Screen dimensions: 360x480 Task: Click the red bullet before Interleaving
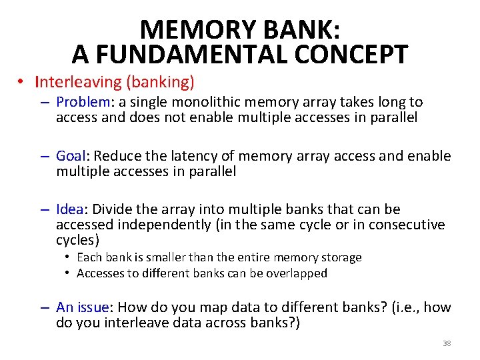22,83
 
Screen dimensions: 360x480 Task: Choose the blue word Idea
70,210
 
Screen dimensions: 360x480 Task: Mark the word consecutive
409,225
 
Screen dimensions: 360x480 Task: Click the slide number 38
447,343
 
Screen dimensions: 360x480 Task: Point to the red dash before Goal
45,157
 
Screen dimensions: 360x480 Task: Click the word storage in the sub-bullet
342,257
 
